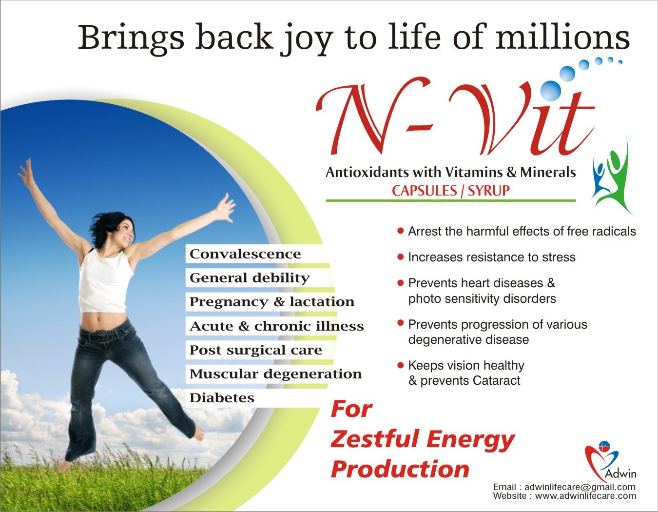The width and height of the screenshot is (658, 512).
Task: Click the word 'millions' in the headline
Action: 562,38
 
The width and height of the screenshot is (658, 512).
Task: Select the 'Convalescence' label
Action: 245,254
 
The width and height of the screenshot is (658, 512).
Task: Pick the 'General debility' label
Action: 250,278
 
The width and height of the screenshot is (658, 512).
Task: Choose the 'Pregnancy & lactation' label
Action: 272,302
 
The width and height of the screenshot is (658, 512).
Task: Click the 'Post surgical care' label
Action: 255,350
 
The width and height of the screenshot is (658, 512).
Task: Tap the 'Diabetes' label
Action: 222,398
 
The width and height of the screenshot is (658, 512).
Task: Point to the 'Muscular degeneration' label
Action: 275,374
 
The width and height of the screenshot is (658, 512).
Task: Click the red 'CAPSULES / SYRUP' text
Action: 451,191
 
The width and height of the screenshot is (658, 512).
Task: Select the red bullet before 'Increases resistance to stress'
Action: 401,257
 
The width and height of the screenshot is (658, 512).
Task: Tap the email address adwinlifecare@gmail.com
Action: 580,487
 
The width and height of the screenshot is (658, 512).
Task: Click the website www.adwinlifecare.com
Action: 586,496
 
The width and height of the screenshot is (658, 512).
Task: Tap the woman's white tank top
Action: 106,280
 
